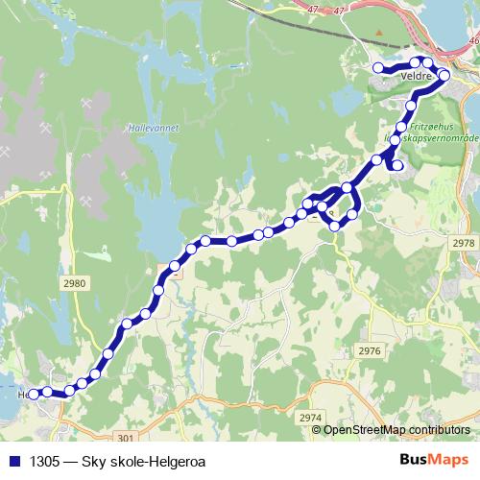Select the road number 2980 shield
pyautogui.click(x=72, y=283)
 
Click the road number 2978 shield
pyautogui.click(x=463, y=244)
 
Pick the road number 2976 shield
pyautogui.click(x=369, y=351)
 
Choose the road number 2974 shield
pyautogui.click(x=310, y=418)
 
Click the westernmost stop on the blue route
pyautogui.click(x=34, y=394)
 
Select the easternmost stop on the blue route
pyautogui.click(x=444, y=75)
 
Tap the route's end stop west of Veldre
pyautogui.click(x=378, y=67)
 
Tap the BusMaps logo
pyautogui.click(x=435, y=460)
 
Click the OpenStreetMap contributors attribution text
pyautogui.click(x=396, y=430)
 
